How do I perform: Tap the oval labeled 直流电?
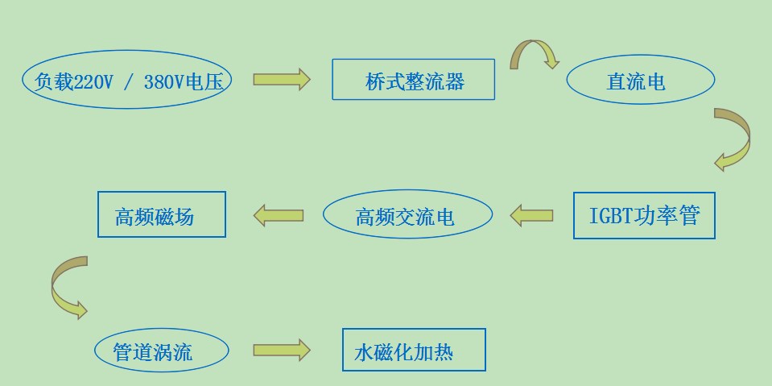pos(640,81)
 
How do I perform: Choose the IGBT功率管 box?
pos(644,215)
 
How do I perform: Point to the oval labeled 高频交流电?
pos(407,215)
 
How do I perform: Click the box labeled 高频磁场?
pos(161,214)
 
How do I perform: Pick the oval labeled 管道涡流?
pos(160,351)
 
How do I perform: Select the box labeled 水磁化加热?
pos(414,350)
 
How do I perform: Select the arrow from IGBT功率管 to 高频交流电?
pos(531,215)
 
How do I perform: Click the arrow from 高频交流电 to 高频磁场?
pos(279,215)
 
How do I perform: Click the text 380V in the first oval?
pos(163,81)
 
